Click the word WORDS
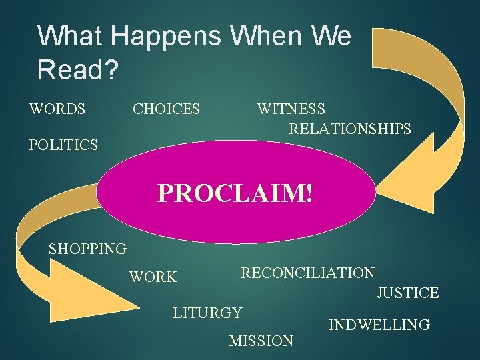click(57, 109)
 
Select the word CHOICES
click(166, 109)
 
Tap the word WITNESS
click(291, 109)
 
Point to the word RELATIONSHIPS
click(350, 129)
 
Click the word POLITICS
click(63, 144)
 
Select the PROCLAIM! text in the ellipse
click(235, 193)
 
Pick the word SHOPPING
click(87, 249)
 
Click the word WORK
click(153, 277)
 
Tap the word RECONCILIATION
click(307, 273)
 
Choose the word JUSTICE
click(407, 293)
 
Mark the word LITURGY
click(207, 311)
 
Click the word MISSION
click(261, 341)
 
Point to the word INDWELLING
click(379, 325)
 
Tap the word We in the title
click(328, 36)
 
